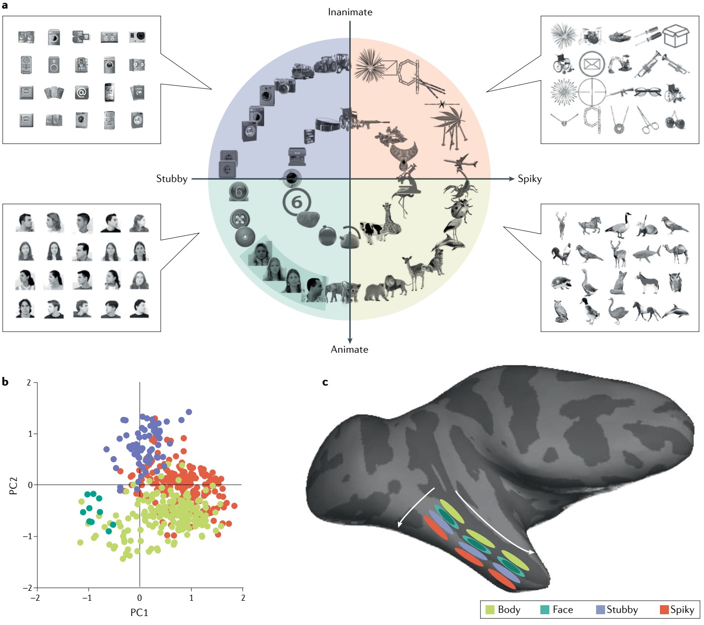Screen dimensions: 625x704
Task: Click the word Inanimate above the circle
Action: [x=350, y=12]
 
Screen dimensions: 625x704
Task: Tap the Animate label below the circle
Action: [x=349, y=350]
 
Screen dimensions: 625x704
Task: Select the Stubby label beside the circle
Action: [x=172, y=179]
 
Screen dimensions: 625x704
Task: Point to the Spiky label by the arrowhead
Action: [x=530, y=179]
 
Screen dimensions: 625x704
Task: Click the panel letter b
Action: [x=5, y=382]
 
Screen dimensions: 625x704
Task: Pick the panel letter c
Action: [x=325, y=382]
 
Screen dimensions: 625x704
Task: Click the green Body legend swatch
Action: [x=490, y=610]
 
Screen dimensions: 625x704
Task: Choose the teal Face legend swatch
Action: [x=544, y=610]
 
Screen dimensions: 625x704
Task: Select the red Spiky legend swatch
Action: [x=664, y=610]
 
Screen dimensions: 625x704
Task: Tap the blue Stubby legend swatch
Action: [x=600, y=610]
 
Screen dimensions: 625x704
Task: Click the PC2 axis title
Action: [x=13, y=486]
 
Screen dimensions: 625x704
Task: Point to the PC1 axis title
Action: [x=139, y=612]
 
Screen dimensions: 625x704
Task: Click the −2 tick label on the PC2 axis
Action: [x=27, y=588]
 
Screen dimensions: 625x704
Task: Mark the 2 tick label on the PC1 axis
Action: [x=243, y=598]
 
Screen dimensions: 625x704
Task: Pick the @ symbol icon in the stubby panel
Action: [x=81, y=93]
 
